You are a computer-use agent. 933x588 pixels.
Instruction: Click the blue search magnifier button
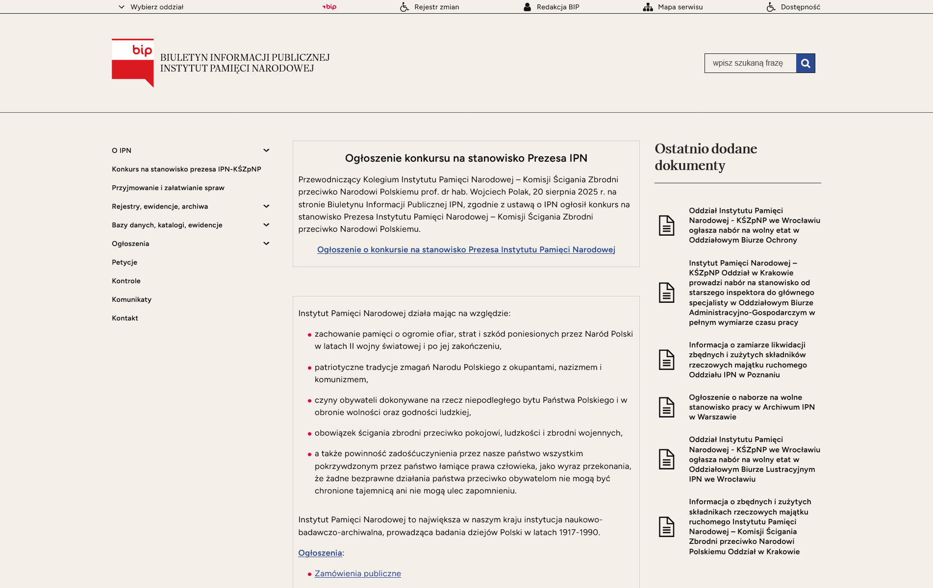(805, 63)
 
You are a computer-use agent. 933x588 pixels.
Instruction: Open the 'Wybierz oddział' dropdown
(151, 7)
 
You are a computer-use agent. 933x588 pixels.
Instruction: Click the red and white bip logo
(133, 63)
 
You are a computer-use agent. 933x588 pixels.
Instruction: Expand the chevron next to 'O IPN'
(266, 150)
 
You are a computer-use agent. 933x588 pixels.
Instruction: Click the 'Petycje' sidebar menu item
(125, 262)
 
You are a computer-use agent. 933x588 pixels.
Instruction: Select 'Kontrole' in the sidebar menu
(126, 281)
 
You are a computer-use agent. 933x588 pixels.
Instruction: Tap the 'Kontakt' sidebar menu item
(125, 318)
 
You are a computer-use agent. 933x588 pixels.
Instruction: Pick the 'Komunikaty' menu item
(131, 299)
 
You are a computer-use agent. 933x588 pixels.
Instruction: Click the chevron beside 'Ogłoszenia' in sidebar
(266, 244)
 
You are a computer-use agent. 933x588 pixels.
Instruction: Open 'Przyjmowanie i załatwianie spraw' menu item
(168, 188)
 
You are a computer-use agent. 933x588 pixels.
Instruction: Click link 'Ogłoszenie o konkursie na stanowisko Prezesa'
(466, 249)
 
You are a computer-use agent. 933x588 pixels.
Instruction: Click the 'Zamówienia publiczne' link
(357, 573)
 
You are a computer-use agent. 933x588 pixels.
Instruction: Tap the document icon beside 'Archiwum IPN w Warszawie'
(666, 407)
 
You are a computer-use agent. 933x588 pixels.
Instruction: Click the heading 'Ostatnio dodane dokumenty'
(706, 157)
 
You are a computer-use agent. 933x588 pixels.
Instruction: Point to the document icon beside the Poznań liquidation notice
(666, 360)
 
